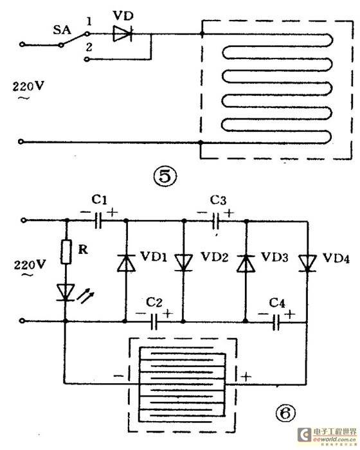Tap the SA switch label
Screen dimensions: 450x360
point(60,29)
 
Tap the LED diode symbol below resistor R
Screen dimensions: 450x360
point(66,292)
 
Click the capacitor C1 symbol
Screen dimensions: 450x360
point(98,221)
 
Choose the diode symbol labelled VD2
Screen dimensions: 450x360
point(184,262)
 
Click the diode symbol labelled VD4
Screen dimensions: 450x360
point(307,261)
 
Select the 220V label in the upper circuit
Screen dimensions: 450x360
point(24,85)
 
